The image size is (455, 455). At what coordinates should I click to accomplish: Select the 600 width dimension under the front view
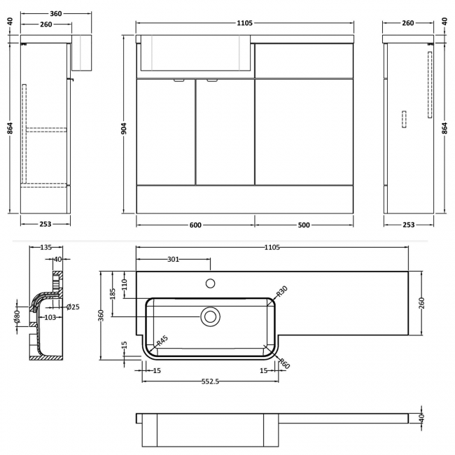point(195,225)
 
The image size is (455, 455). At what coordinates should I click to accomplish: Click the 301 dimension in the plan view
point(173,260)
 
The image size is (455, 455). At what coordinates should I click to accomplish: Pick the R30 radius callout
point(282,290)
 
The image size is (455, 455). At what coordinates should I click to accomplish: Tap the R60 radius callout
point(284,362)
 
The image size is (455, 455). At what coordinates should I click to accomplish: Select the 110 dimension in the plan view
point(125,284)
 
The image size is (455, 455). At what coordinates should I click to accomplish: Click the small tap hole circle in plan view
point(209,283)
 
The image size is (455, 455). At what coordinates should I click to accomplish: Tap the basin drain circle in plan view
point(209,316)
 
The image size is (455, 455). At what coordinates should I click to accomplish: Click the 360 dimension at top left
point(46,13)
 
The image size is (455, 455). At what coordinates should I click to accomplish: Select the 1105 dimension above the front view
point(245,23)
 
